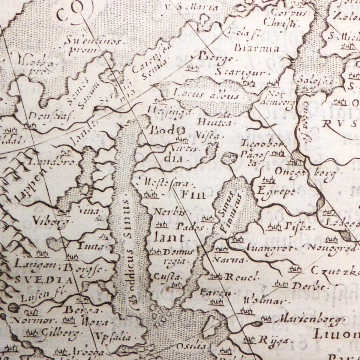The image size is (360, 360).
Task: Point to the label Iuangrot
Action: (267, 248)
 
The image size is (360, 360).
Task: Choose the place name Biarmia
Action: (257, 48)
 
